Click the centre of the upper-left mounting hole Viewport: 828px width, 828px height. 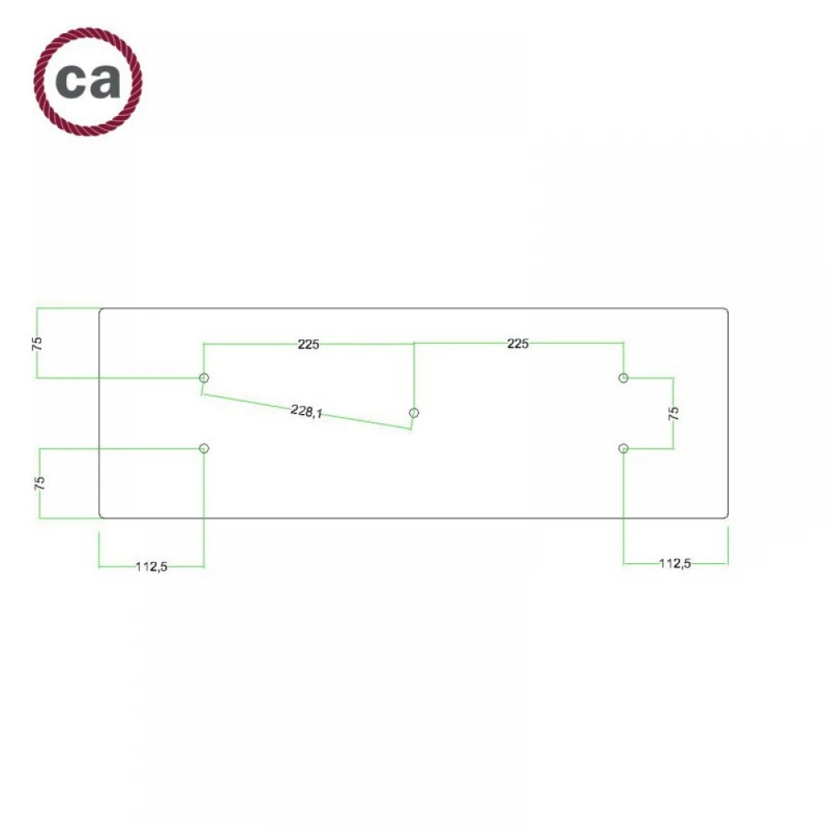(x=204, y=378)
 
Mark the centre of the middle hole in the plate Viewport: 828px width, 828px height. (x=414, y=413)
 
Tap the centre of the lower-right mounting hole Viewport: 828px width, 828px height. (x=623, y=449)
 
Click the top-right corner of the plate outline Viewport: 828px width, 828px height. (x=728, y=308)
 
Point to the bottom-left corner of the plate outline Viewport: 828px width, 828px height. (x=100, y=517)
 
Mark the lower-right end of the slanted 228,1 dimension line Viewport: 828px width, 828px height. (x=412, y=429)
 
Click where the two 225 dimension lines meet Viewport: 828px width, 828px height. (x=414, y=344)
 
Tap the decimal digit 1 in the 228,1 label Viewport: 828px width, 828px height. (x=319, y=414)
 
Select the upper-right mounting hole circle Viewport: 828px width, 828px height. (x=623, y=378)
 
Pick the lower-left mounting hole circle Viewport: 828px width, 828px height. (x=204, y=449)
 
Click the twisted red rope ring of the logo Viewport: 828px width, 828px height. (x=88, y=82)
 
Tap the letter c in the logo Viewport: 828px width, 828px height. (x=71, y=81)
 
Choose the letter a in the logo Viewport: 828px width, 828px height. (x=105, y=81)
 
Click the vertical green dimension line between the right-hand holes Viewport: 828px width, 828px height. (x=673, y=413)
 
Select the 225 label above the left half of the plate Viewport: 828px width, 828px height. (x=308, y=344)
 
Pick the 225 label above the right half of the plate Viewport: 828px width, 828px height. (x=517, y=344)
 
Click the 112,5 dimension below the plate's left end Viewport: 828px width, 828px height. (x=152, y=566)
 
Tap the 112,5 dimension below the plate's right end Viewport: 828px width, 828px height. (x=675, y=563)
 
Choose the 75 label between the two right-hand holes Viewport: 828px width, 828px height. (x=673, y=413)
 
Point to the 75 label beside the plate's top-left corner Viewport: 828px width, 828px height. (x=37, y=344)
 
